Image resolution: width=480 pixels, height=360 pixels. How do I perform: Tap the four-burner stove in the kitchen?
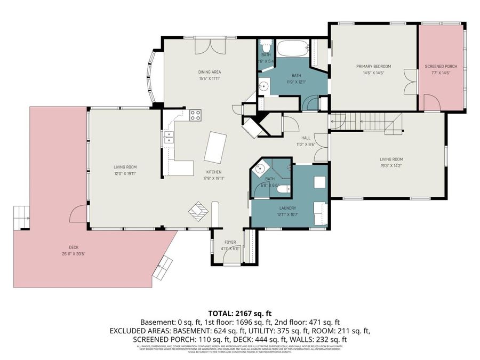pyautogui.click(x=195, y=114)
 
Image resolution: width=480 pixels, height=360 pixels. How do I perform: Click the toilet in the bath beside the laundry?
pyautogui.click(x=283, y=188)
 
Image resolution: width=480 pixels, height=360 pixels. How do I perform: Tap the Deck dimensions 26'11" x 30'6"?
pyautogui.click(x=73, y=254)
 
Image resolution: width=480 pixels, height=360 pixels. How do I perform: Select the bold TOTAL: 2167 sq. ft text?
pyautogui.click(x=239, y=314)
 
